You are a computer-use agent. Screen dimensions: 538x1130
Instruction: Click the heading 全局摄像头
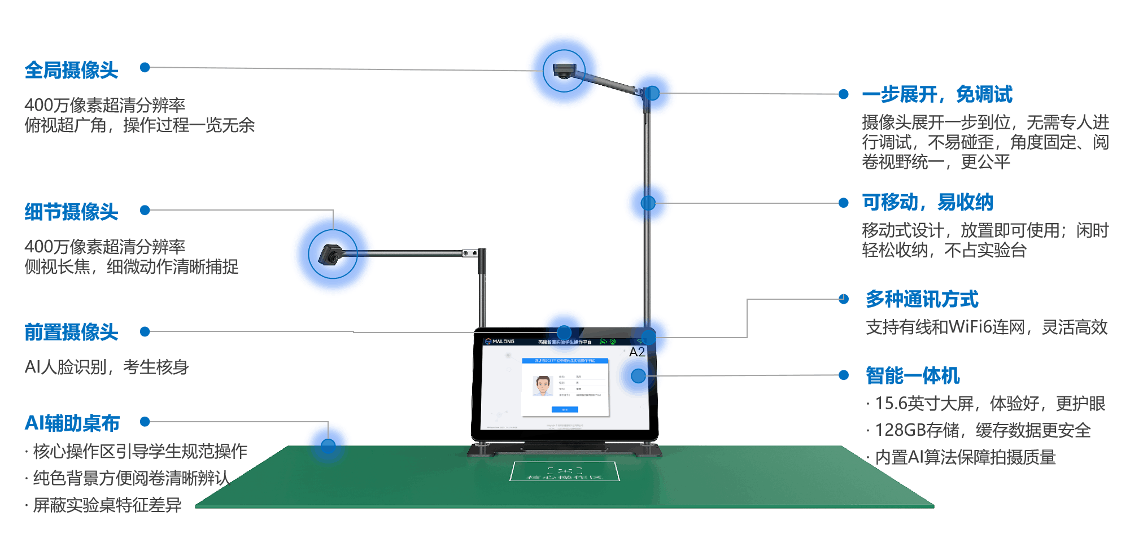(x=71, y=71)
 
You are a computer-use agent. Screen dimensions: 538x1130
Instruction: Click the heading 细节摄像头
(x=71, y=212)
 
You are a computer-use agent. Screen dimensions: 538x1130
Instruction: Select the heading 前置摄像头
(x=71, y=332)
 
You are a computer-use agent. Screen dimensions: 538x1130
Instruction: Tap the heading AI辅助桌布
(x=72, y=423)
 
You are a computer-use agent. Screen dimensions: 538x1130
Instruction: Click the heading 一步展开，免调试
(x=937, y=94)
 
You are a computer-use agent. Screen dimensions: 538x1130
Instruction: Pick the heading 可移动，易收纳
(x=927, y=202)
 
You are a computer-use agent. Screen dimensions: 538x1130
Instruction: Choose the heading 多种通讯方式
(x=922, y=299)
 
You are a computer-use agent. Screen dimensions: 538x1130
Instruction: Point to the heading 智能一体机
(x=913, y=375)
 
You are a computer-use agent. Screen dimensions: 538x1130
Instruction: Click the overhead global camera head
(x=563, y=71)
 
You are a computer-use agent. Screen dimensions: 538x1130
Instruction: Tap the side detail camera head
(x=329, y=255)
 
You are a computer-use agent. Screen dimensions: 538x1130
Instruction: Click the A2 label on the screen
(x=637, y=352)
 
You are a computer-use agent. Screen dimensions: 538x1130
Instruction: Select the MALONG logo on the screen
(x=500, y=342)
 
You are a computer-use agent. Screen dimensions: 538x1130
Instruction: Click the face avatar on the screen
(x=543, y=386)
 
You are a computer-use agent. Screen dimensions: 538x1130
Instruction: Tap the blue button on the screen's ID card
(x=565, y=409)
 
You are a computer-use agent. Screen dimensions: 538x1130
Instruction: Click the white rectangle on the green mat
(x=565, y=471)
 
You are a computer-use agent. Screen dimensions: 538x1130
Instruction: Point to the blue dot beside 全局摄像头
(x=145, y=68)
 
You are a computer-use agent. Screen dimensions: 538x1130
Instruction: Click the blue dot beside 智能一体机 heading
(x=844, y=375)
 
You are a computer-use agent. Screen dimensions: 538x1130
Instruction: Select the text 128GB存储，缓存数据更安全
(x=983, y=430)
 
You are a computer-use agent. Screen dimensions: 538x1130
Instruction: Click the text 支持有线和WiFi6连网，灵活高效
(x=987, y=327)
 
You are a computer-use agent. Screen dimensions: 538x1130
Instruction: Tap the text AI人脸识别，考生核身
(x=107, y=367)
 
